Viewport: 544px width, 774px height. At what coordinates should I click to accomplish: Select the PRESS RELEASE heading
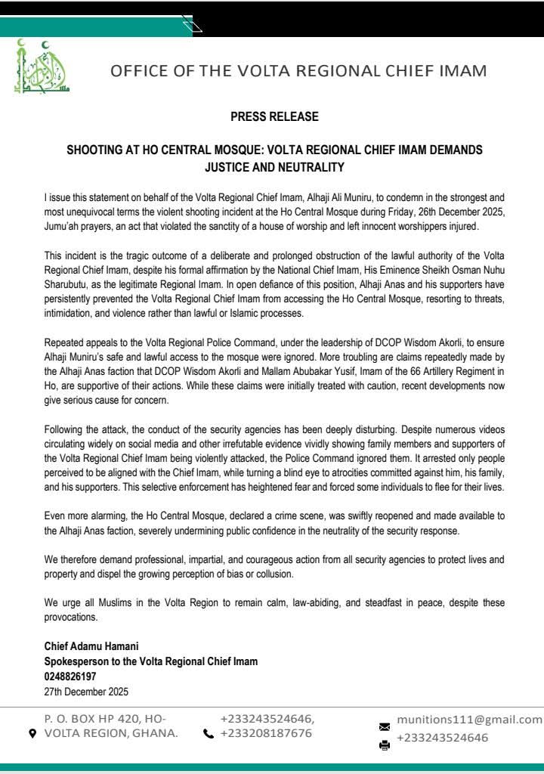[274, 116]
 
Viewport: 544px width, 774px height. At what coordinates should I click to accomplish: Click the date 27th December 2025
[86, 691]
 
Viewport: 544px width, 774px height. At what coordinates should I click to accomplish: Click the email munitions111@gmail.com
[469, 719]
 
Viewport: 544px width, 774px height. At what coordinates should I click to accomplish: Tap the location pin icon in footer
[32, 734]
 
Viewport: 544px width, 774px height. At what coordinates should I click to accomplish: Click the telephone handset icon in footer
[209, 734]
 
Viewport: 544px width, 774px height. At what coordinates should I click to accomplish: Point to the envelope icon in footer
[384, 726]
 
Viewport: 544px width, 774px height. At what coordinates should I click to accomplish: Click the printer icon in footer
[384, 745]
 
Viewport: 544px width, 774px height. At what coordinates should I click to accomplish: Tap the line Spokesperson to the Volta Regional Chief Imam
[151, 661]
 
